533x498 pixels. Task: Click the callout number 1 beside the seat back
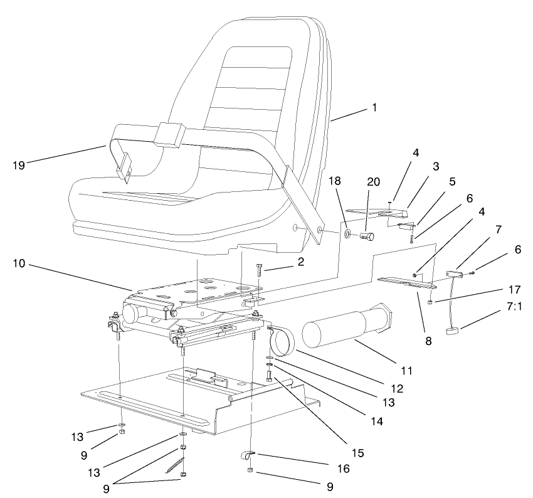pos(374,107)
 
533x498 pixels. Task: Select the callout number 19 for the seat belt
pos(19,166)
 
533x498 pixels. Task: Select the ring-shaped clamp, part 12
pos(280,342)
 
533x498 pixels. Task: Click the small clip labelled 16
pos(248,454)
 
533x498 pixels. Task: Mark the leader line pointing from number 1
pos(348,114)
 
